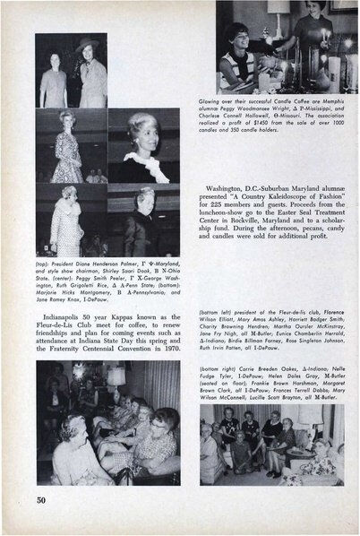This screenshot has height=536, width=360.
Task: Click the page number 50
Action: pyautogui.click(x=41, y=497)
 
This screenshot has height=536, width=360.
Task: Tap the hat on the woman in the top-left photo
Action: pyautogui.click(x=90, y=42)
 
